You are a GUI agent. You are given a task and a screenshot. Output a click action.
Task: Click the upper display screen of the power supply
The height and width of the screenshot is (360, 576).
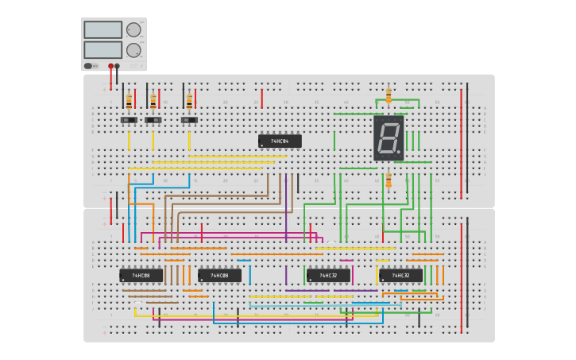tap(102, 29)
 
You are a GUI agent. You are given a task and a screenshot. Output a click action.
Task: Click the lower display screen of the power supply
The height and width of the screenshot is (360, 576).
tap(102, 49)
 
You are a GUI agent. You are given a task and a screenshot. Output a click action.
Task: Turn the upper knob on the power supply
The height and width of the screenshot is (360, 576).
tap(133, 29)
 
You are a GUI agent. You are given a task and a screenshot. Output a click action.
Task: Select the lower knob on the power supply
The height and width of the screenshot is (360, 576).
tap(133, 49)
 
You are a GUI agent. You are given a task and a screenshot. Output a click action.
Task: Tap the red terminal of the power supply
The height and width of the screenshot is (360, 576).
tap(110, 66)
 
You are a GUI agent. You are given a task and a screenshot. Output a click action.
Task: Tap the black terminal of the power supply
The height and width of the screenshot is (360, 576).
tap(118, 66)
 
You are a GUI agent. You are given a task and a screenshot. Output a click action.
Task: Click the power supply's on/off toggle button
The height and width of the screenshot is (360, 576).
tap(89, 66)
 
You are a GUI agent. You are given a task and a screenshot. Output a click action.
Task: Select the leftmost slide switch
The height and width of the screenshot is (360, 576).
tap(129, 120)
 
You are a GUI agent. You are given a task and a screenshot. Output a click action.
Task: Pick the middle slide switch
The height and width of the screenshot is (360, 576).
tap(153, 120)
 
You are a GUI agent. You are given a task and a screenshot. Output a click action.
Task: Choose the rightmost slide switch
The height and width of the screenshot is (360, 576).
tap(189, 120)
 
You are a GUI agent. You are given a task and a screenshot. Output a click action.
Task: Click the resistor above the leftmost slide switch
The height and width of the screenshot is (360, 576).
tap(129, 101)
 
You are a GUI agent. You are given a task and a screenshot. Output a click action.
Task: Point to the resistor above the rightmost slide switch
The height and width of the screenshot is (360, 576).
tap(189, 101)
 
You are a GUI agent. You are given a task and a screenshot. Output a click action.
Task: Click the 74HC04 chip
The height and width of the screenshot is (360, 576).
tap(280, 141)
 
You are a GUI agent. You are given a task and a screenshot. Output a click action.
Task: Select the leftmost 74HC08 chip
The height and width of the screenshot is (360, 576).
tap(141, 275)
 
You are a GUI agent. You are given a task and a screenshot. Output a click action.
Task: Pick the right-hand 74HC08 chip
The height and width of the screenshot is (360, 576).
tap(219, 275)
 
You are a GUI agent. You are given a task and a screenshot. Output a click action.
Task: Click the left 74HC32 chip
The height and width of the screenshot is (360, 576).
tap(328, 275)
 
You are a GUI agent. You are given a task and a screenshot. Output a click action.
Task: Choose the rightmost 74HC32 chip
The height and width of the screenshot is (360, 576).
tap(400, 275)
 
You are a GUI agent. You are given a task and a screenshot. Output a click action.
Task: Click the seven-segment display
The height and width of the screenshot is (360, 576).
tap(389, 138)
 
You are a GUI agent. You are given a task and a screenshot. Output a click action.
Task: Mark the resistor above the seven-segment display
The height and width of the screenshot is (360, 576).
tap(389, 95)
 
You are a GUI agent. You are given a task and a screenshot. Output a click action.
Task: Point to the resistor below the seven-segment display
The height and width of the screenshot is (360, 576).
tap(389, 181)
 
